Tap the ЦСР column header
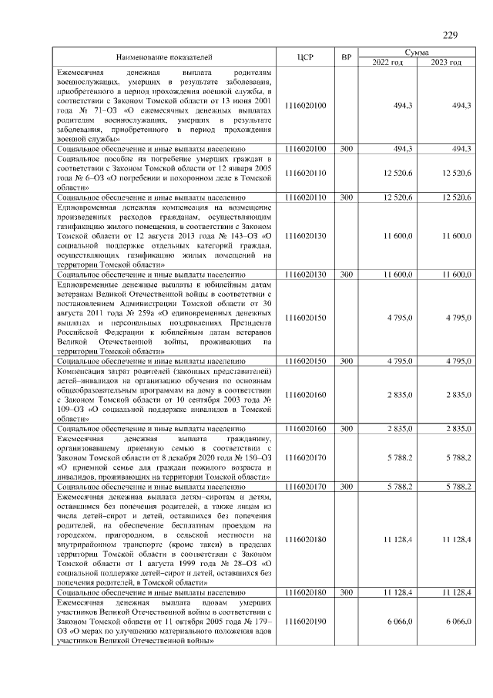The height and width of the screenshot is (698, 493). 304,57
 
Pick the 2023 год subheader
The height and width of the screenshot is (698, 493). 446,62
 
